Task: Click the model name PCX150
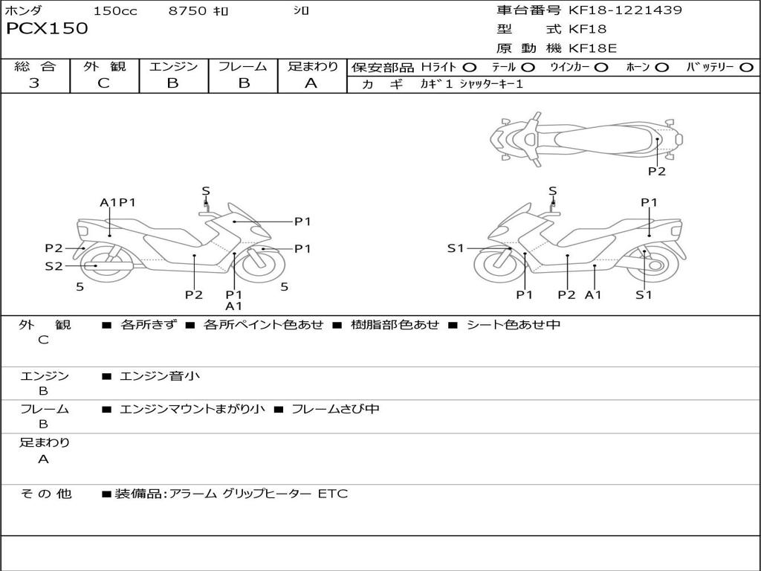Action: [x=47, y=29]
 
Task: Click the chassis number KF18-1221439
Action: [x=625, y=10]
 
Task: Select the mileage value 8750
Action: [x=188, y=11]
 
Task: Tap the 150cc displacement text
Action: [x=115, y=11]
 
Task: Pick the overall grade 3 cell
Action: [x=34, y=83]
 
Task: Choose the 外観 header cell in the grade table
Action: [x=104, y=67]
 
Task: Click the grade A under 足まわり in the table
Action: [x=311, y=83]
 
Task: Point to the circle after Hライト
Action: [x=470, y=68]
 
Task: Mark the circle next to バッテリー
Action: [x=747, y=68]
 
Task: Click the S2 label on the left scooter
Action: [x=54, y=266]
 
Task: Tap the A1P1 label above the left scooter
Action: [x=117, y=202]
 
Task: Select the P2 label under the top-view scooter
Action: [x=656, y=172]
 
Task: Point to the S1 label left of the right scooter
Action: [x=456, y=248]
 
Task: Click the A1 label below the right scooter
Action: [x=593, y=295]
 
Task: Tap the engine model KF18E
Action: [x=593, y=48]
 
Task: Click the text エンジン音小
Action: [x=160, y=376]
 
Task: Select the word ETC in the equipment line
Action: [x=332, y=494]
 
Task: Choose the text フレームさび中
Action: [x=335, y=409]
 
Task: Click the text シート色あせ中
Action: [x=513, y=325]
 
